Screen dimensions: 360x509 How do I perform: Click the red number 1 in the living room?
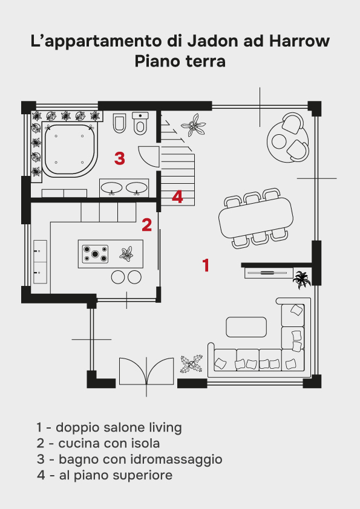click(206, 265)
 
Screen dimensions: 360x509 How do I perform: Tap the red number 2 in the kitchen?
click(147, 224)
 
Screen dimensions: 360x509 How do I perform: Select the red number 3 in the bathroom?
click(120, 158)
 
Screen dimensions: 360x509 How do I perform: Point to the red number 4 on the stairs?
click(177, 196)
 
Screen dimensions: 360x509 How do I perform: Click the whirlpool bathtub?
click(70, 149)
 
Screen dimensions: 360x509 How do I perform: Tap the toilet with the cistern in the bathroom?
click(140, 123)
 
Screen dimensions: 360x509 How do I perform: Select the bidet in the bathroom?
click(119, 123)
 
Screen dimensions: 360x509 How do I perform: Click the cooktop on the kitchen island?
click(95, 254)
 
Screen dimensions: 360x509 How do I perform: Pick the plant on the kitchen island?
click(126, 254)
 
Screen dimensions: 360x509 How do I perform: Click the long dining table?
click(256, 218)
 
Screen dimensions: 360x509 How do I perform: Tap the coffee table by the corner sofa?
click(246, 327)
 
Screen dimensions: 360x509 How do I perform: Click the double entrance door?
click(146, 372)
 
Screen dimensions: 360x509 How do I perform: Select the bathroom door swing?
click(149, 157)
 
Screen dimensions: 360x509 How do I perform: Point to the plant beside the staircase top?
click(194, 125)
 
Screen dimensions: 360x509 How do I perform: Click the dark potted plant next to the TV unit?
click(302, 279)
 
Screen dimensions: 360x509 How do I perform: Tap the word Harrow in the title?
click(299, 41)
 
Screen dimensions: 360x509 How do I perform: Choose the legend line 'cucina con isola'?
click(98, 443)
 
